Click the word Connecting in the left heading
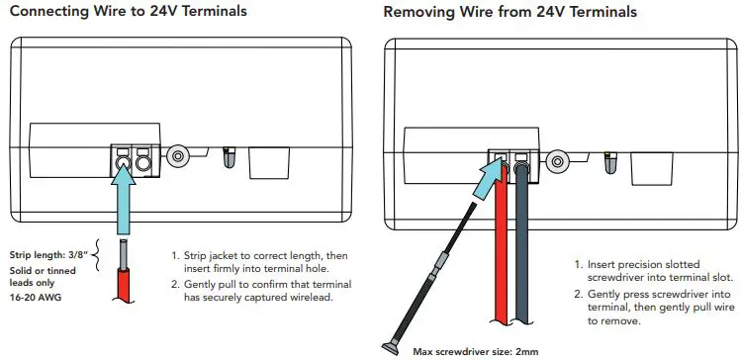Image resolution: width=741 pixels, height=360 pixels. pyautogui.click(x=48, y=12)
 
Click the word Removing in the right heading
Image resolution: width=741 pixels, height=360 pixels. pyautogui.click(x=421, y=12)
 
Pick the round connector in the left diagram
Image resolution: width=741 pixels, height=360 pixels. pyautogui.click(x=179, y=155)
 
